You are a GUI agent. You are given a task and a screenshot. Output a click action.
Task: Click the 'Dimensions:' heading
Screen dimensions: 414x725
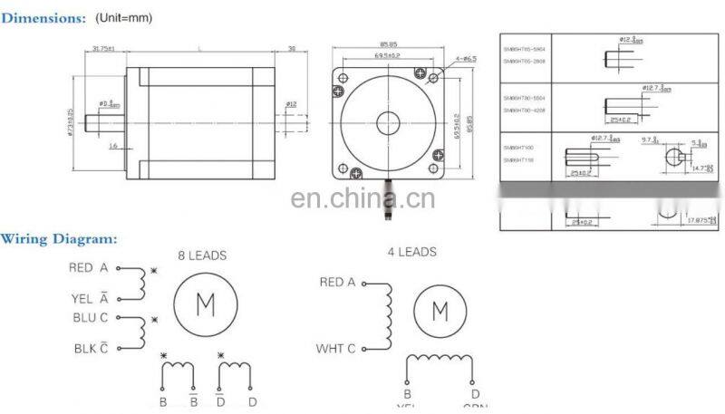click(x=43, y=17)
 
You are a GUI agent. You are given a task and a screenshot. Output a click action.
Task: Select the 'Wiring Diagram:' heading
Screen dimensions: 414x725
click(x=59, y=239)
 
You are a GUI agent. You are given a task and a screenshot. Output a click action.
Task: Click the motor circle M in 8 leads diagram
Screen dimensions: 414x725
click(x=205, y=305)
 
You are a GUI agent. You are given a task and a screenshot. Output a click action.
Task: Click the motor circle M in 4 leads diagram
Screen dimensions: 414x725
click(x=440, y=312)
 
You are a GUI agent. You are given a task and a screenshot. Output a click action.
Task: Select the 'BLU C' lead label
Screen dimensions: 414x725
click(x=91, y=318)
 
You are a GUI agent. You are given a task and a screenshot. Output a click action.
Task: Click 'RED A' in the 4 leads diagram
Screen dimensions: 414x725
click(x=337, y=283)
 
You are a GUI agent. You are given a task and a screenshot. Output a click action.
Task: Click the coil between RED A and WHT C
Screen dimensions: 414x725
click(x=387, y=315)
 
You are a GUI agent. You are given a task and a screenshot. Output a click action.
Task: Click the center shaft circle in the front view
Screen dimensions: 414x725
click(x=389, y=120)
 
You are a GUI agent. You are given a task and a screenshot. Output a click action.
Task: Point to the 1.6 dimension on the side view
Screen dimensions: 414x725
click(x=113, y=144)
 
